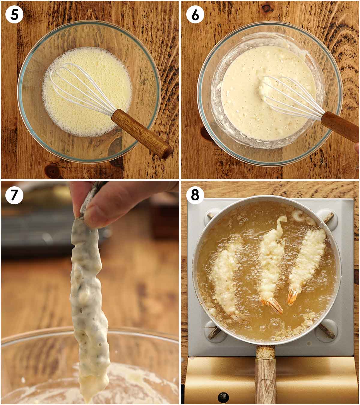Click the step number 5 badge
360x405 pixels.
[x=14, y=14]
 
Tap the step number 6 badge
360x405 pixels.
[x=195, y=14]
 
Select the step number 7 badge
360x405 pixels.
[x=14, y=195]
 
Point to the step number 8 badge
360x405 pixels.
[x=195, y=195]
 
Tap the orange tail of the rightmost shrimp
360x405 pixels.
[x=292, y=297]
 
